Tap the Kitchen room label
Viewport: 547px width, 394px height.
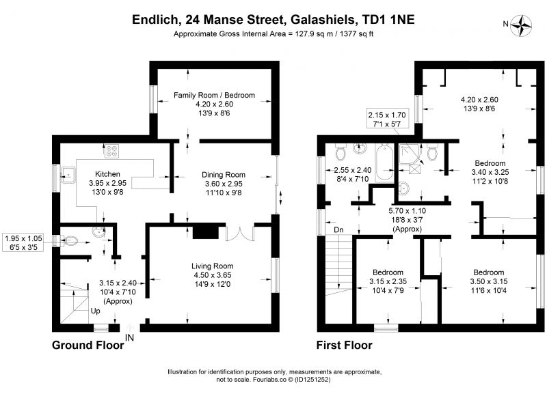click(107, 174)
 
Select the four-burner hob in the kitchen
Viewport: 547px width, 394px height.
click(111, 152)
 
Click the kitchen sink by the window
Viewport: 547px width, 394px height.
click(68, 175)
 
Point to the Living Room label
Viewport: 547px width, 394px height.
click(212, 266)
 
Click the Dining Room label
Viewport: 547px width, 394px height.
click(224, 175)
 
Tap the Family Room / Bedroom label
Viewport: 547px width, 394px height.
click(214, 95)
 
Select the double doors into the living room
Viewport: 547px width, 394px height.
click(239, 234)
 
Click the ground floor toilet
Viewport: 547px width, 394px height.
click(69, 240)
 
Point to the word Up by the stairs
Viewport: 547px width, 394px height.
click(95, 311)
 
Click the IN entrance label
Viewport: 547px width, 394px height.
click(129, 337)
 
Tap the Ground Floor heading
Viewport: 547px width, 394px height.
click(88, 346)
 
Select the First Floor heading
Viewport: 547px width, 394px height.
click(345, 346)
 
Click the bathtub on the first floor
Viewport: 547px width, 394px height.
click(384, 163)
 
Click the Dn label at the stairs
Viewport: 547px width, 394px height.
click(338, 229)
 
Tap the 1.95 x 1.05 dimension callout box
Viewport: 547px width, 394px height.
click(23, 243)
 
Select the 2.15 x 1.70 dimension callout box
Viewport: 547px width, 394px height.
click(387, 119)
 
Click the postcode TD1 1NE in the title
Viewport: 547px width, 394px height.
click(388, 19)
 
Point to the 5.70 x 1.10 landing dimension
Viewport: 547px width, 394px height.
click(407, 211)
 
